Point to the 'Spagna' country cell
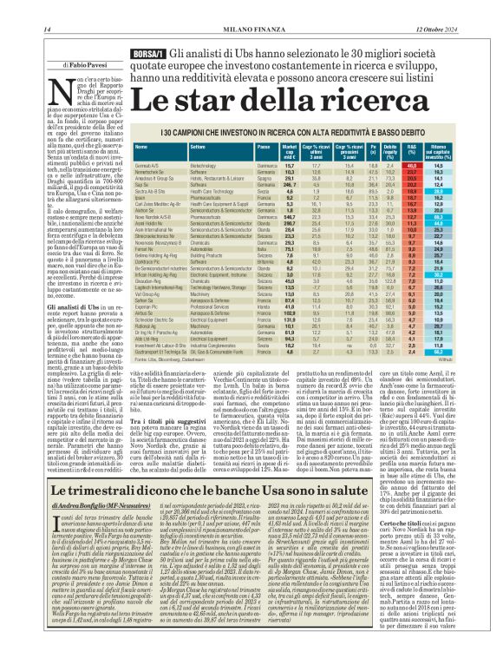(x=265, y=178)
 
